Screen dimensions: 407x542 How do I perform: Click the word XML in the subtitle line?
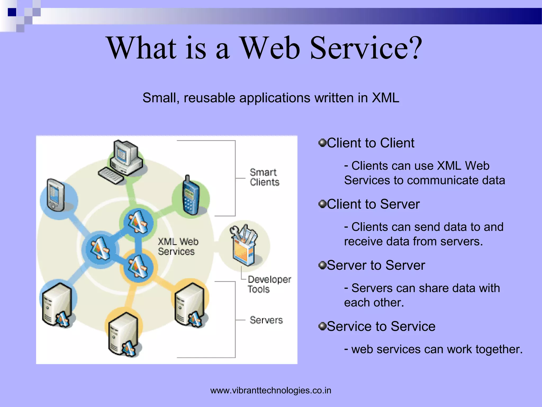[x=385, y=98]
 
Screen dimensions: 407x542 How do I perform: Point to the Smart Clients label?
[x=264, y=177]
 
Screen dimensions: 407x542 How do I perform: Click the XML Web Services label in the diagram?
[x=178, y=246]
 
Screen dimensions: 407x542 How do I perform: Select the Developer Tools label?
[x=269, y=284]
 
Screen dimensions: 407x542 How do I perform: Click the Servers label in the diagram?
[x=266, y=320]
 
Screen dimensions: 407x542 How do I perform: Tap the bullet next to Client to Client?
[x=322, y=143]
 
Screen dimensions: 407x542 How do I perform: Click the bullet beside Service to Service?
[x=322, y=326]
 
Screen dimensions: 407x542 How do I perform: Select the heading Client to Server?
[x=373, y=204]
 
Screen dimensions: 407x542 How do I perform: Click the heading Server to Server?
[x=376, y=265]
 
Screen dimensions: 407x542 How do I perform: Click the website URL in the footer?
[x=271, y=390]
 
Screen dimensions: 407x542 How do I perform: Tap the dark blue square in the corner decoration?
[x=12, y=12]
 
